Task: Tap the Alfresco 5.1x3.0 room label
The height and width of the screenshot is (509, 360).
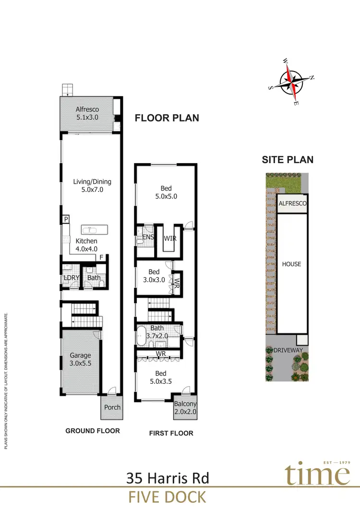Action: pos(87,113)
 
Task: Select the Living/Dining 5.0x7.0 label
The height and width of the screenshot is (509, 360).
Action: pos(92,186)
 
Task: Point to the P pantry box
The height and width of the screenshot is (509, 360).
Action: pos(65,219)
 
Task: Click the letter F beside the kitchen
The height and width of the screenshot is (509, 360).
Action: pos(101,258)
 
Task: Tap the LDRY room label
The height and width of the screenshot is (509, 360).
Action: pos(71,278)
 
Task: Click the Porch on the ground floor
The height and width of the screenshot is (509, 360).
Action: pos(111,407)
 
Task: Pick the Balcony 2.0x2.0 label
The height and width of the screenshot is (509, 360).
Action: pos(185,408)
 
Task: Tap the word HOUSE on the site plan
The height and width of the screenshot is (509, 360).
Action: pos(291,264)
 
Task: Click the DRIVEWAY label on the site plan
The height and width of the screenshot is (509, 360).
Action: pos(288,350)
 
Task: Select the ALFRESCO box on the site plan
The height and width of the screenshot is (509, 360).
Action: pos(293,204)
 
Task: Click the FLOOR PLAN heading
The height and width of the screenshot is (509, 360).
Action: pos(167,118)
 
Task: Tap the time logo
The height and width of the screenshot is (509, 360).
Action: pos(318,475)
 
